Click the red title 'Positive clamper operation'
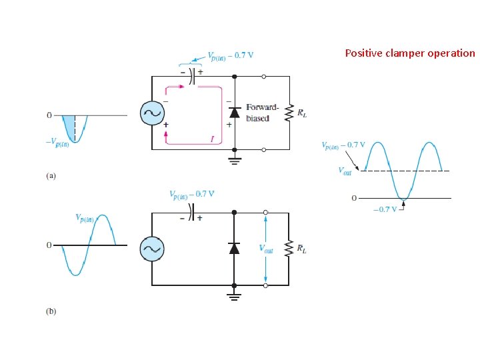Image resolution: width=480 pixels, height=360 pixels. (x=410, y=53)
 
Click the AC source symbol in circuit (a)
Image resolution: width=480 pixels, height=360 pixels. (x=152, y=113)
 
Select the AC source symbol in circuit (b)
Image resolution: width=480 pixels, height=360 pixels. (x=152, y=249)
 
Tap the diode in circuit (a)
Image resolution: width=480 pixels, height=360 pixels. (x=235, y=113)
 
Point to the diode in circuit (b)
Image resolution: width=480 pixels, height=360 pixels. (x=234, y=248)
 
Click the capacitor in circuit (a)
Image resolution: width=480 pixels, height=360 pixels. (x=191, y=76)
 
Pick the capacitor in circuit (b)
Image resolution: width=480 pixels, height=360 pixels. (x=191, y=212)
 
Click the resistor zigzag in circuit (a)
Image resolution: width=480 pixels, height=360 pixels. (x=289, y=113)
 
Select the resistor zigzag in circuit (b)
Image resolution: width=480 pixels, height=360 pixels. (x=289, y=249)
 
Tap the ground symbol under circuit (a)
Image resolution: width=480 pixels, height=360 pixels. (x=235, y=161)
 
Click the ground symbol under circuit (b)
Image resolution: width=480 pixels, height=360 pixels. (x=234, y=296)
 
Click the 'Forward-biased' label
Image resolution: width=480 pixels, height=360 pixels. (x=263, y=113)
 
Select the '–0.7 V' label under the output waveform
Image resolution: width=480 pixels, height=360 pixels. (x=385, y=209)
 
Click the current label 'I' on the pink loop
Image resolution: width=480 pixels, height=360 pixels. (x=212, y=139)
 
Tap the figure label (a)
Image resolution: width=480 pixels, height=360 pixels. (x=51, y=176)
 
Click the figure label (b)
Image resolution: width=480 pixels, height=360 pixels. (x=51, y=311)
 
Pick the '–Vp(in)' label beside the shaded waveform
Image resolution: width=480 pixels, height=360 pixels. (x=57, y=143)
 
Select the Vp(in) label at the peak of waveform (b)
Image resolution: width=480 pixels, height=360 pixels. (x=85, y=218)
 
